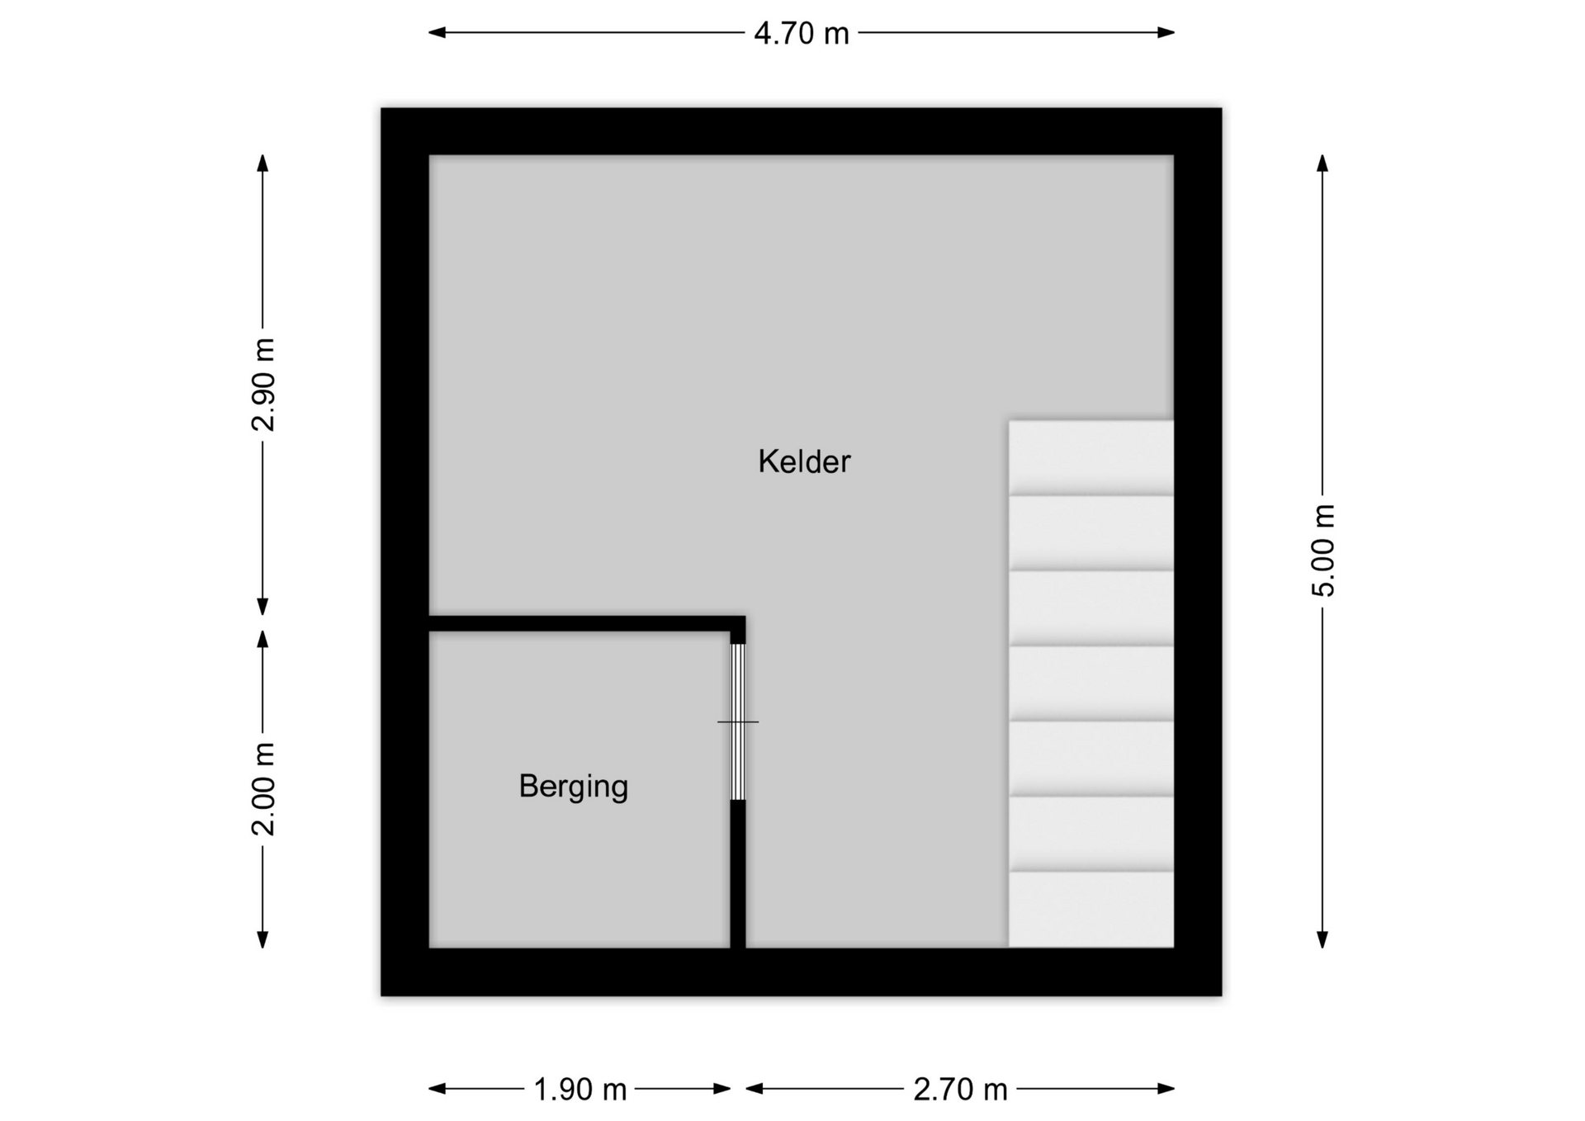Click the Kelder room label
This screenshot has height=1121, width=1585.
coord(804,461)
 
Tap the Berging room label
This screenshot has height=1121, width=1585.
coord(574,787)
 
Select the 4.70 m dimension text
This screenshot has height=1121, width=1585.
coord(802,33)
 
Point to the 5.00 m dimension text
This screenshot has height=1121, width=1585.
coord(1322,550)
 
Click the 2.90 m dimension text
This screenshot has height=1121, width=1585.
coord(263,385)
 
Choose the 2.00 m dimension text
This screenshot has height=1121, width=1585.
coord(263,789)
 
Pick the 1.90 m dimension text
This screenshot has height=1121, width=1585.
coord(580,1090)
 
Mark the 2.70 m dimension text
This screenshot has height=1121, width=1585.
coord(960,1090)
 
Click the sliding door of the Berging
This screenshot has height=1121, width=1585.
coord(738,722)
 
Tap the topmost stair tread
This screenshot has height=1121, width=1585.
coord(1091,458)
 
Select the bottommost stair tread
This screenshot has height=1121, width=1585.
coord(1091,910)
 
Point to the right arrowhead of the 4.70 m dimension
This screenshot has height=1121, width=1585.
coord(1166,33)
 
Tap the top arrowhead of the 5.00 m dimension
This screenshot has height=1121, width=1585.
coord(1322,163)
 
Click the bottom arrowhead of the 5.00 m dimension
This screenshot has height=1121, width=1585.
coord(1322,939)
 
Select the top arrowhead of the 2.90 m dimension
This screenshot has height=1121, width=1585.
coord(263,163)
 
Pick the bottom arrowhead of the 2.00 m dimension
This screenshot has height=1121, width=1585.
coord(263,939)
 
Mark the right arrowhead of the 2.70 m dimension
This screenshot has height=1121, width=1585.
coord(1166,1089)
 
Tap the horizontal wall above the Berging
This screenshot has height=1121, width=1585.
coord(587,624)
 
